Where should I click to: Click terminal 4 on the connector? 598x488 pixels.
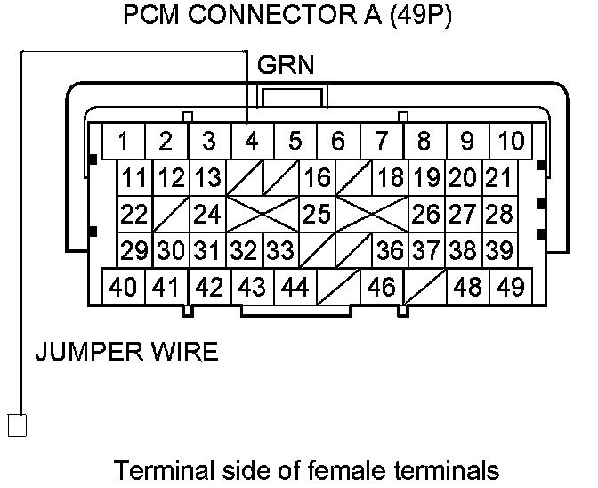(252, 142)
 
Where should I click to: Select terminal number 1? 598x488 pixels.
(124, 142)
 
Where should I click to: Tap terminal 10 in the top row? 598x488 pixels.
(511, 142)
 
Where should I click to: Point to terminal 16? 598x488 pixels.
(316, 178)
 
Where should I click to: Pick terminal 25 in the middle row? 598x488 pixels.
(316, 215)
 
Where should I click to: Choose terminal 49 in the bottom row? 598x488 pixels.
(511, 287)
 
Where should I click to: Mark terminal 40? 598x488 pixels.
(124, 287)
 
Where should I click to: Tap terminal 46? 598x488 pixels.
(381, 287)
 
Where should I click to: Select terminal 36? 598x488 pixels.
(389, 251)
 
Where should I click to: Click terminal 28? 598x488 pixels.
(499, 215)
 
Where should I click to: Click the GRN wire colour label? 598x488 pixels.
(285, 65)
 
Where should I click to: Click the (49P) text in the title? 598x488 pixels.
(416, 17)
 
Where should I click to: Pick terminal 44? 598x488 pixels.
(295, 287)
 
